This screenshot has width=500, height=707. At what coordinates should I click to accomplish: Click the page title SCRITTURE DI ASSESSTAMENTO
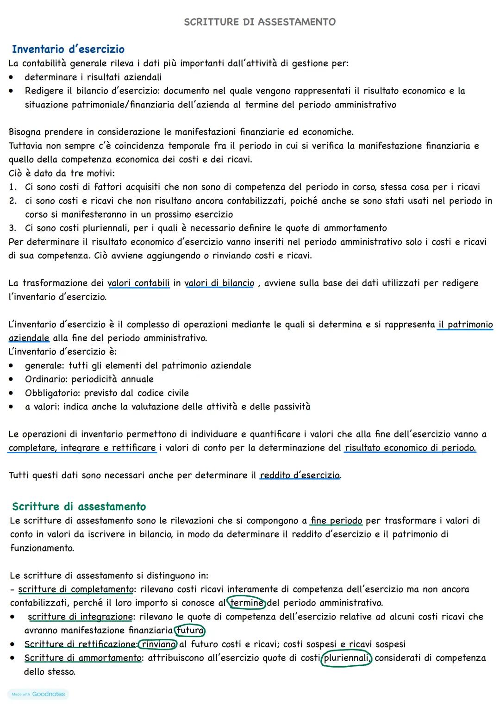[x=260, y=22]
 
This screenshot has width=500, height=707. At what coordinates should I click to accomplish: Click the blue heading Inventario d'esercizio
[x=68, y=49]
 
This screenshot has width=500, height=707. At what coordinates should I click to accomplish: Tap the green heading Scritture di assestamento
[x=79, y=506]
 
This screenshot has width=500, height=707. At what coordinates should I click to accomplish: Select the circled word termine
[x=247, y=603]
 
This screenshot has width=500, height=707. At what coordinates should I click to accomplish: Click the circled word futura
[x=190, y=630]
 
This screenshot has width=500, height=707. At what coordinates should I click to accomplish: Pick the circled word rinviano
[x=159, y=644]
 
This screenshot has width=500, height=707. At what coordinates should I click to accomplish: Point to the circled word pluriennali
[x=346, y=658]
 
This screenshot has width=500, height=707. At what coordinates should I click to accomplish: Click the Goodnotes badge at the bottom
[x=38, y=694]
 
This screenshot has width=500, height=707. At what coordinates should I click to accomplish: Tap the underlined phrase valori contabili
[x=138, y=283]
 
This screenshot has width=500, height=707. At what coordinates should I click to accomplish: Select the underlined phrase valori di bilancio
[x=219, y=283]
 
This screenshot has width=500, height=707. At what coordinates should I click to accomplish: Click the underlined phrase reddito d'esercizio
[x=300, y=475]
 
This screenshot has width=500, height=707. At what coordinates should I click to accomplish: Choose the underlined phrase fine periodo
[x=337, y=520]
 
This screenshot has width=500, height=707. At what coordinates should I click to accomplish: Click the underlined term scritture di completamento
[x=75, y=589]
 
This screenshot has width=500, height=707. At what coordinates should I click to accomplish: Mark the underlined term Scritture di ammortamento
[x=83, y=658]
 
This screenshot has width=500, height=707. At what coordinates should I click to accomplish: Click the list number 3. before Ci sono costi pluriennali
[x=13, y=228]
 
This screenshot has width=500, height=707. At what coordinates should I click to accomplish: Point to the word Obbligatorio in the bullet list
[x=52, y=393]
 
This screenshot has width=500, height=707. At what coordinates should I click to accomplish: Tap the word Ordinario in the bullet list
[x=46, y=379]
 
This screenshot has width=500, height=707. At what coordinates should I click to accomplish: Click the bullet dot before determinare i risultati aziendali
[x=11, y=77]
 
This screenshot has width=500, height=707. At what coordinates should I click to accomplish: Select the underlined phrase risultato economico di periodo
[x=410, y=448]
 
